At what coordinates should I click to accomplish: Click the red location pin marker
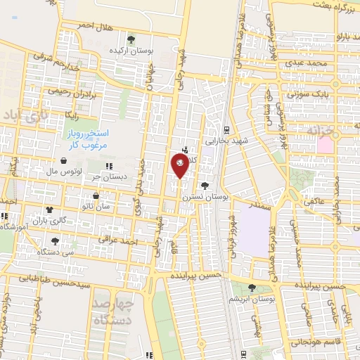pyautogui.click(x=179, y=164)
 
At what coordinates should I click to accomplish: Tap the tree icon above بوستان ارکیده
pyautogui.click(x=131, y=39)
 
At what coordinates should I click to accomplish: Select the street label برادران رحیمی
pyautogui.click(x=68, y=91)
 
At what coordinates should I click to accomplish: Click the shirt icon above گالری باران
pyautogui.click(x=49, y=210)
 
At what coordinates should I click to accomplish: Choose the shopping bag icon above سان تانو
pyautogui.click(x=96, y=195)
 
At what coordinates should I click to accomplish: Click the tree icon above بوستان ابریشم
pyautogui.click(x=252, y=286)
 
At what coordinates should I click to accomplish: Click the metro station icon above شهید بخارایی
pyautogui.click(x=226, y=130)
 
